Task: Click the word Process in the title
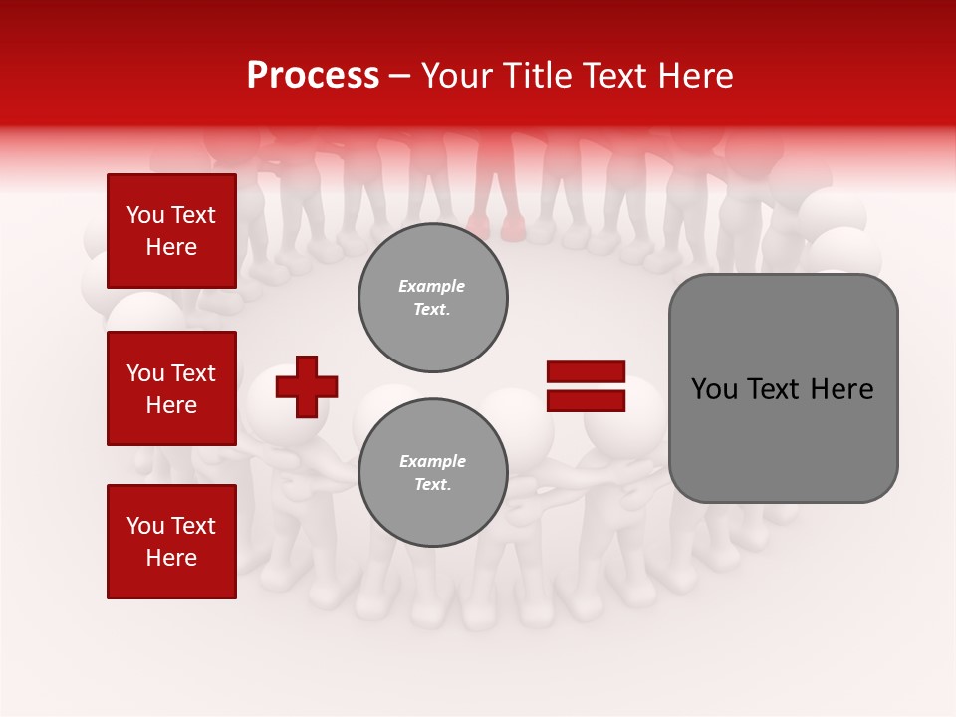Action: pyautogui.click(x=313, y=76)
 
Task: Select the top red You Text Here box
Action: pyautogui.click(x=171, y=231)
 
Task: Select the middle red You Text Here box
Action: pyautogui.click(x=171, y=388)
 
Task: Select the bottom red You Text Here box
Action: pyautogui.click(x=171, y=542)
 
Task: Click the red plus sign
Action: pyautogui.click(x=306, y=386)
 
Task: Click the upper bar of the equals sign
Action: pyautogui.click(x=586, y=372)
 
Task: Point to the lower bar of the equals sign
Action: pyautogui.click(x=586, y=400)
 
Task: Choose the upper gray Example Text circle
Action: pyautogui.click(x=432, y=298)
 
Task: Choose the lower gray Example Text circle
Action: pyautogui.click(x=432, y=473)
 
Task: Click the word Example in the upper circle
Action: pyautogui.click(x=431, y=286)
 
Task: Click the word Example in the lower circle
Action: pyautogui.click(x=431, y=461)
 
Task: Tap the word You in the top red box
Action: pyautogui.click(x=144, y=215)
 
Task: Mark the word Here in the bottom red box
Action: pyautogui.click(x=171, y=558)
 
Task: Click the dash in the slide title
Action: pyautogui.click(x=400, y=76)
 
